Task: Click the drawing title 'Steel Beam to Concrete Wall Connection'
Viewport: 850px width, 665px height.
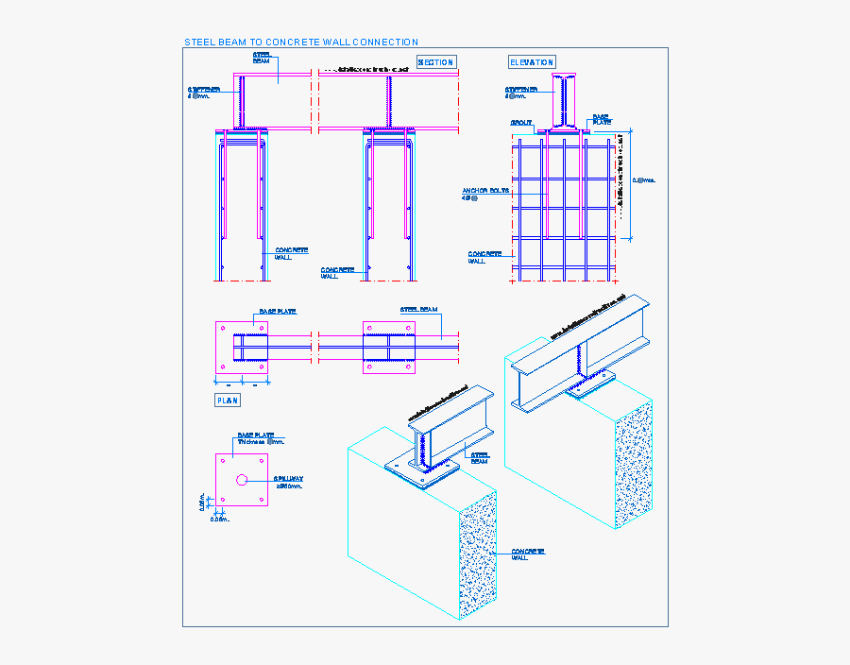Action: coord(300,42)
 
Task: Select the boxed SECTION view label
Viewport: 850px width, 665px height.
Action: coord(435,62)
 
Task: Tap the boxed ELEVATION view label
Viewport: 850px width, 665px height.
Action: coord(532,62)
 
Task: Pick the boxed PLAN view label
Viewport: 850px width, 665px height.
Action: coord(228,401)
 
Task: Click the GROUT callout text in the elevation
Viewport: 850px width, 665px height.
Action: coord(521,123)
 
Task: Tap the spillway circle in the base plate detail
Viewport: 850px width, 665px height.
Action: coord(242,480)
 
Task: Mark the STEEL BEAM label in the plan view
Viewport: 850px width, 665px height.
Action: coord(418,309)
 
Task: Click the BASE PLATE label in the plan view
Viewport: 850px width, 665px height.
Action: coord(278,311)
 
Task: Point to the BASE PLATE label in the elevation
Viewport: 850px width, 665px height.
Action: coord(601,119)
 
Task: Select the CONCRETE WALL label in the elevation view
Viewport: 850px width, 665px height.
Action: coord(484,257)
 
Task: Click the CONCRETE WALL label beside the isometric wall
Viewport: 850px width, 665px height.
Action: coord(529,554)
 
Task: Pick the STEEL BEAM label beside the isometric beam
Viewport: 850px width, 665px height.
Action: coord(479,458)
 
